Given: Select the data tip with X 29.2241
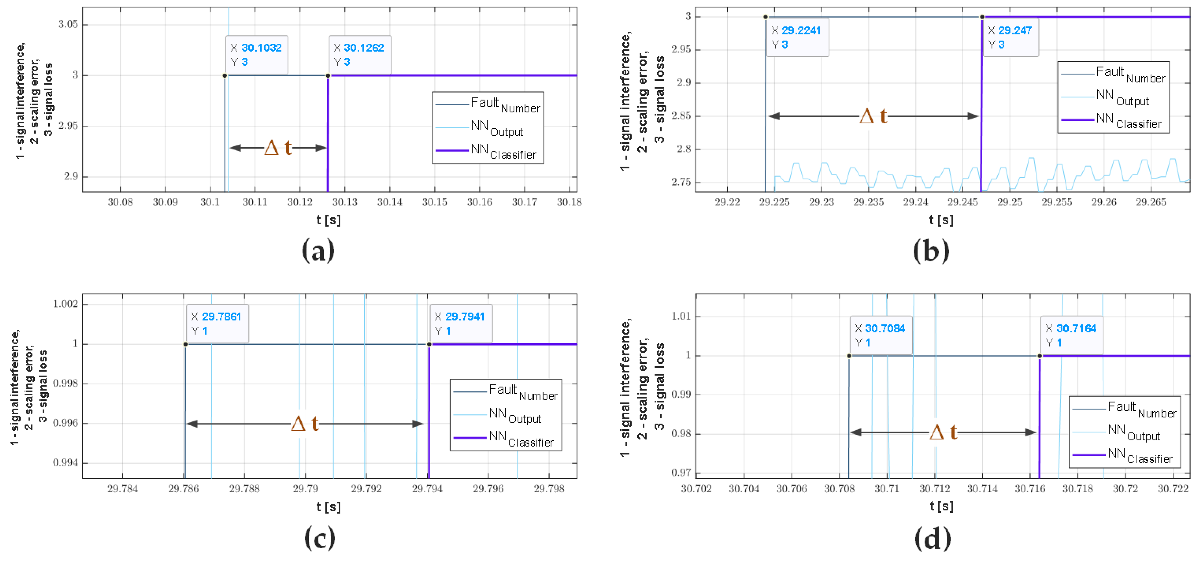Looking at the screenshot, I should [x=797, y=37].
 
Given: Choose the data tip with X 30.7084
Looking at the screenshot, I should [x=881, y=335].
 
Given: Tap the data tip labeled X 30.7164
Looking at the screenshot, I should [x=1071, y=335].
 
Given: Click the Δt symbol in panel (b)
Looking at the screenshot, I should [x=873, y=116].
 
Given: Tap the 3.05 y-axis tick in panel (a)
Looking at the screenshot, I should [x=68, y=24].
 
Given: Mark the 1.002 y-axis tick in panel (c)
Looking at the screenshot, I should [x=65, y=304].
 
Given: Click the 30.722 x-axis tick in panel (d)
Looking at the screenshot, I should [x=1173, y=489].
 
